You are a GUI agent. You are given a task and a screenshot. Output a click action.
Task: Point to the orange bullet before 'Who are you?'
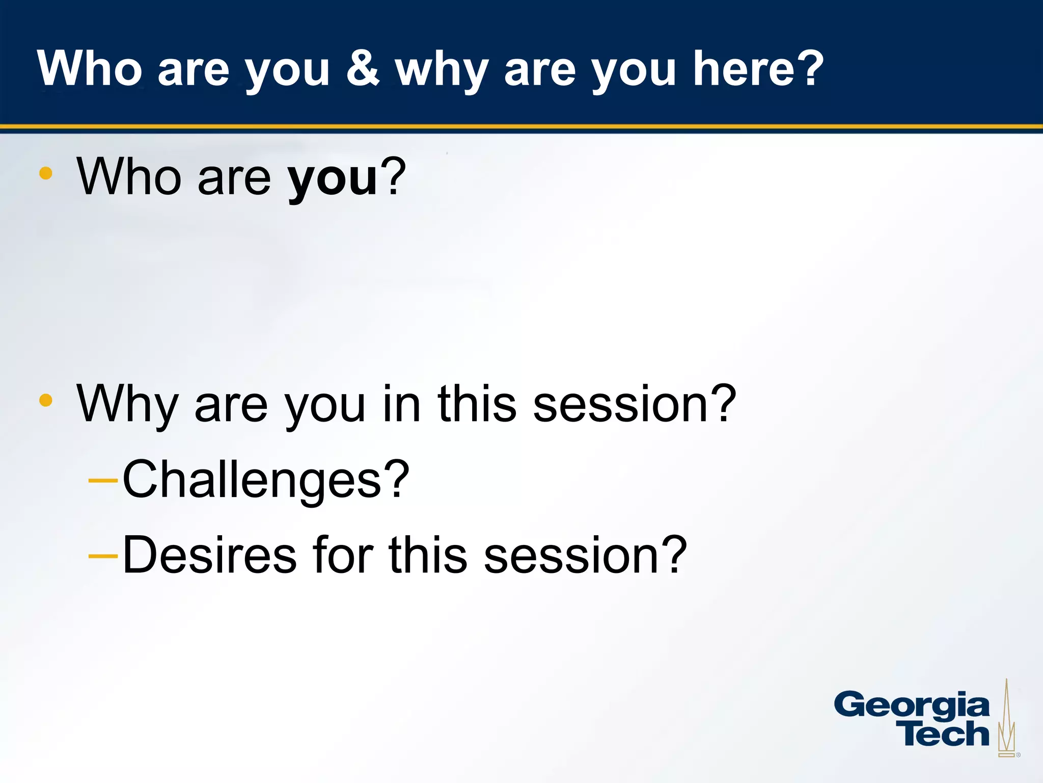tap(46, 173)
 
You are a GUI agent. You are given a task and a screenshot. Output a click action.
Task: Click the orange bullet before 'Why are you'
tap(46, 400)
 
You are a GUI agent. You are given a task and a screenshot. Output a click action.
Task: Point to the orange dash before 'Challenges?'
tap(103, 480)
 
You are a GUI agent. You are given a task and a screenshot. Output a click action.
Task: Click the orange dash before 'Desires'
tap(103, 556)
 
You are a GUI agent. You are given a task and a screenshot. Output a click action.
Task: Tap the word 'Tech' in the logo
tap(945, 734)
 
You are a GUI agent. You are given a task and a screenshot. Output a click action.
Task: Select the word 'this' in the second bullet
tap(477, 404)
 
